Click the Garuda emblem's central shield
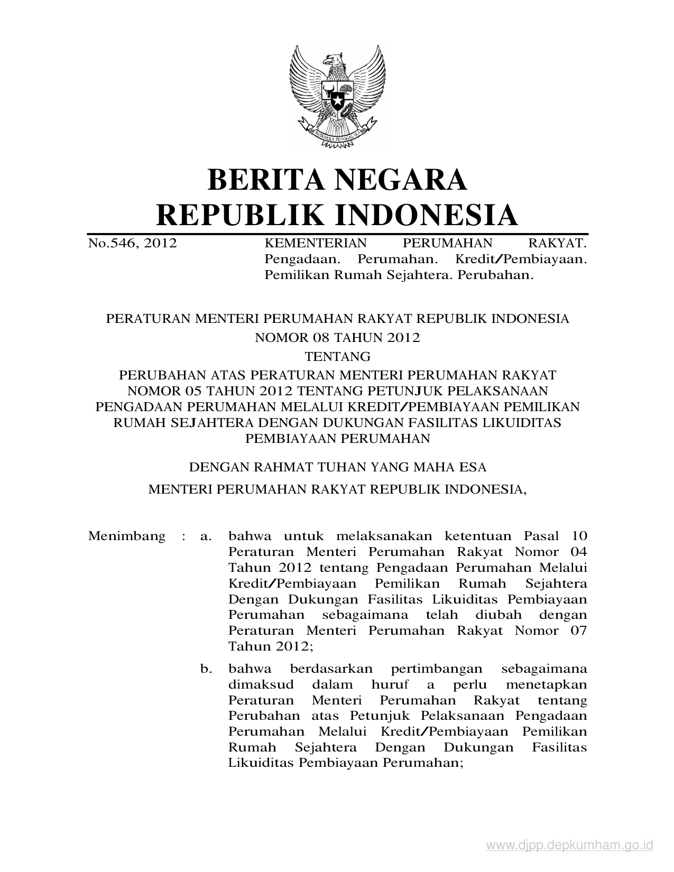pyautogui.click(x=336, y=97)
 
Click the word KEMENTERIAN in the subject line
pyautogui.click(x=315, y=243)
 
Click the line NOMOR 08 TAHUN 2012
pyautogui.click(x=337, y=337)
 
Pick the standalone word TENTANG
pyautogui.click(x=337, y=356)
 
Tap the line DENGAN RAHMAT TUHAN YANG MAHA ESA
pyautogui.click(x=337, y=467)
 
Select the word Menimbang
pyautogui.click(x=127, y=536)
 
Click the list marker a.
pyautogui.click(x=206, y=536)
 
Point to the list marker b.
pyautogui.click(x=206, y=669)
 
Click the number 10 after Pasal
pyautogui.click(x=579, y=536)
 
